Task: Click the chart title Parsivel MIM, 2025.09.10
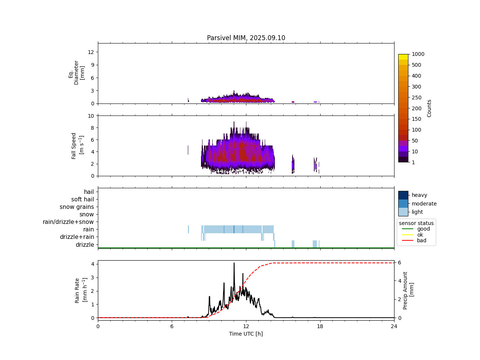click(246, 38)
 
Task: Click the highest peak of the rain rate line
click(234, 263)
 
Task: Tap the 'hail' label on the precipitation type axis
click(89, 192)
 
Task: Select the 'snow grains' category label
click(77, 207)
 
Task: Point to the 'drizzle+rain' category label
click(77, 237)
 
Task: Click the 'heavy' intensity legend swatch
click(403, 195)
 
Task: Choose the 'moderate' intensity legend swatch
click(403, 204)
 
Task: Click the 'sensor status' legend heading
click(416, 223)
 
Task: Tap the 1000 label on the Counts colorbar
click(418, 54)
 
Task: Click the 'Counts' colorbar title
click(429, 108)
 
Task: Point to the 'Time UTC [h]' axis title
click(246, 334)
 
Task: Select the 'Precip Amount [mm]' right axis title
click(408, 291)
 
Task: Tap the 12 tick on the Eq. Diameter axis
click(91, 52)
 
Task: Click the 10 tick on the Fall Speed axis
click(91, 116)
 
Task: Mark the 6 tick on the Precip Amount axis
click(400, 262)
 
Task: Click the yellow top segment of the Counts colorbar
click(403, 57)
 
